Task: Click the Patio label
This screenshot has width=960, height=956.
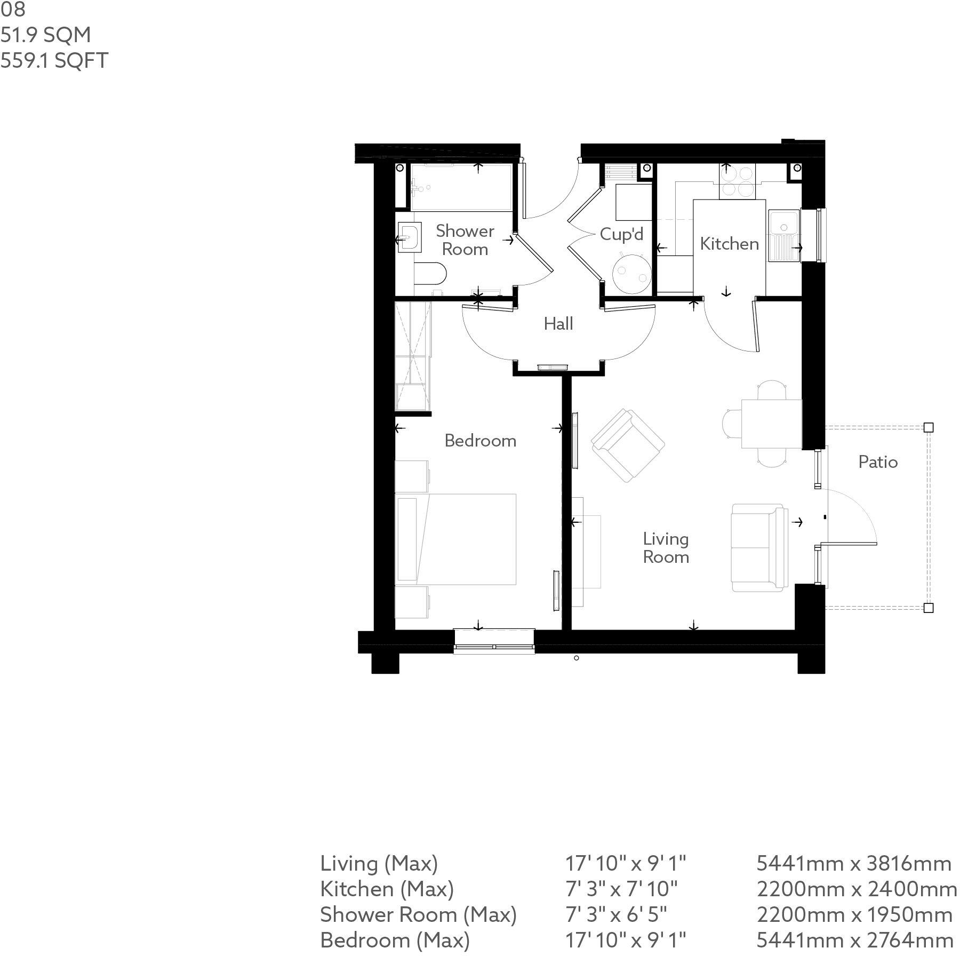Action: click(x=878, y=462)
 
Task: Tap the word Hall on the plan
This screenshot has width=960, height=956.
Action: click(x=558, y=324)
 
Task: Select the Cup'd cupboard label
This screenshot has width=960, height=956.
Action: click(x=621, y=234)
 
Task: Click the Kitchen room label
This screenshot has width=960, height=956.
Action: click(x=729, y=244)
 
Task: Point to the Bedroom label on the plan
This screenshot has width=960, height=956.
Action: click(x=480, y=441)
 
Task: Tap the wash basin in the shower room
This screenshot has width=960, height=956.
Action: click(x=409, y=237)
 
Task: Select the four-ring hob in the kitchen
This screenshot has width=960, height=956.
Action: click(x=738, y=182)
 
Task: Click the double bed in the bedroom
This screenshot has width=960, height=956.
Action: click(x=455, y=539)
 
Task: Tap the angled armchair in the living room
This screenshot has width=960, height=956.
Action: click(x=628, y=446)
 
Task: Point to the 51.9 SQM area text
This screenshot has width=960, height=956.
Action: click(x=45, y=35)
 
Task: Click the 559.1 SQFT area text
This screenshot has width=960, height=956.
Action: click(x=54, y=61)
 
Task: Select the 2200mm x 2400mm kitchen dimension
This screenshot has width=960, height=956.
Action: click(x=857, y=889)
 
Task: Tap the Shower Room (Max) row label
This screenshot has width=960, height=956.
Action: click(x=419, y=915)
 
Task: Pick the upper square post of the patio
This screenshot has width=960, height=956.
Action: click(x=929, y=427)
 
